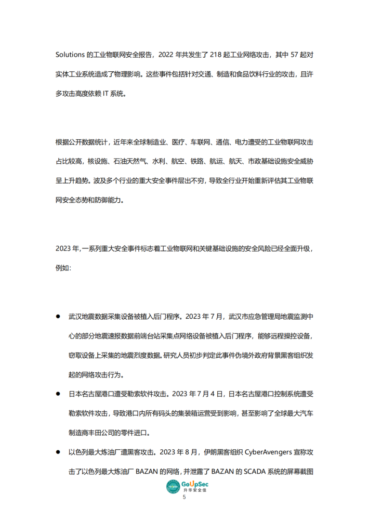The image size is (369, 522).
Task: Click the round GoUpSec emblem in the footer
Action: pos(173,487)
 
